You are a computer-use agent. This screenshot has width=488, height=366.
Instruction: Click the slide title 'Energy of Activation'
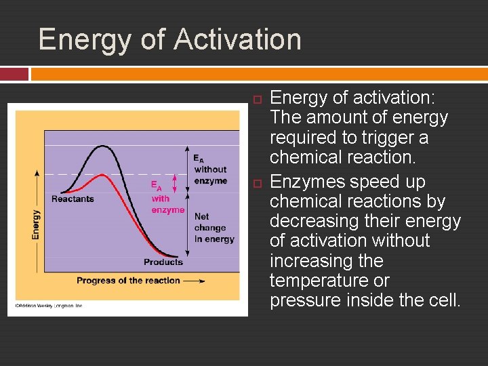(x=169, y=39)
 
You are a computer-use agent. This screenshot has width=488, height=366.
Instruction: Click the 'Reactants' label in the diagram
(x=73, y=199)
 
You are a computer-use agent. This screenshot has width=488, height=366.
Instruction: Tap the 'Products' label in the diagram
(x=163, y=262)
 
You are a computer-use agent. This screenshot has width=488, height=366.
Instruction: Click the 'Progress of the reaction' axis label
(x=128, y=281)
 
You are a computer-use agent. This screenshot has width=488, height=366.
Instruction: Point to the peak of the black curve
(x=102, y=146)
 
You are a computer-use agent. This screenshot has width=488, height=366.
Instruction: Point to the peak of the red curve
(x=102, y=175)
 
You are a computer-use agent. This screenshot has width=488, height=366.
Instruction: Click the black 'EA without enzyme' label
(x=210, y=169)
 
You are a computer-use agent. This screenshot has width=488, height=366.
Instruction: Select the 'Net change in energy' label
(x=213, y=228)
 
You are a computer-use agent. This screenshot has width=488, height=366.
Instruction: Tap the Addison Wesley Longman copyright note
(x=45, y=306)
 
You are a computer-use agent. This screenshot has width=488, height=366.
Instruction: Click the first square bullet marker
(x=256, y=100)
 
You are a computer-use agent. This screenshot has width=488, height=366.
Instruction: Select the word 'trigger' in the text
(x=388, y=138)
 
